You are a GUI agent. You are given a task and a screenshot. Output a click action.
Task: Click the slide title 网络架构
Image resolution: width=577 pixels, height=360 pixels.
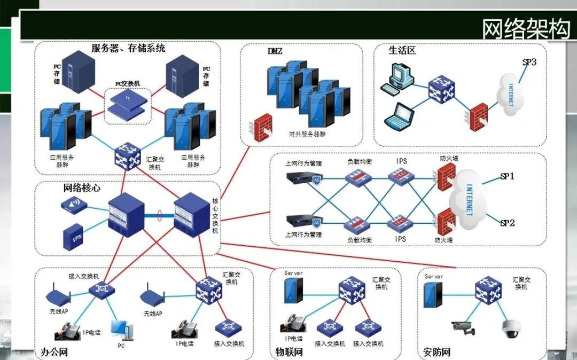click(526, 29)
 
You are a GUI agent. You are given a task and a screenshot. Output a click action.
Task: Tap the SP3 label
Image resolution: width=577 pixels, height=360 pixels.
click(529, 62)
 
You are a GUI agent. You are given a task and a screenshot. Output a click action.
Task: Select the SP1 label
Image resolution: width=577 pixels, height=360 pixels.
click(507, 176)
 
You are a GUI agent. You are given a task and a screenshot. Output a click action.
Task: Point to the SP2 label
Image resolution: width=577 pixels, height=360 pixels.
click(507, 223)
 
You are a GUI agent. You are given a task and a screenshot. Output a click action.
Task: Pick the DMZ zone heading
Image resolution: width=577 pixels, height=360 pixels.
click(275, 51)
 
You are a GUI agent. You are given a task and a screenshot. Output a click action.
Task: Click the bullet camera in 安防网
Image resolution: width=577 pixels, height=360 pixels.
click(463, 327)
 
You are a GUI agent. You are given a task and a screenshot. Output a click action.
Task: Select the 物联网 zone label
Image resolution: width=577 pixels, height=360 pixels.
click(289, 352)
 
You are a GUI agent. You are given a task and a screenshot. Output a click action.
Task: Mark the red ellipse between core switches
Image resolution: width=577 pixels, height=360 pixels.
click(159, 216)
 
